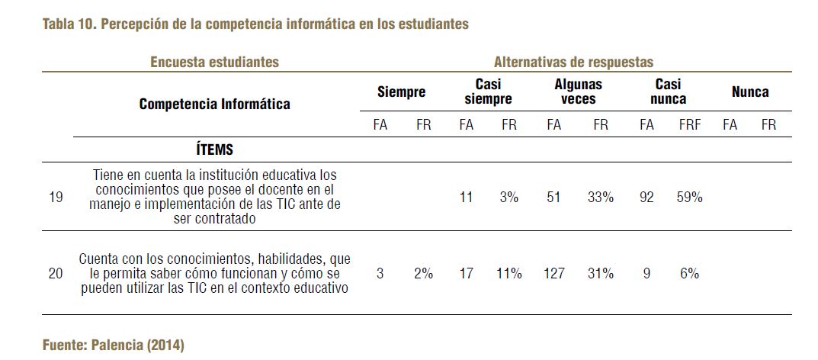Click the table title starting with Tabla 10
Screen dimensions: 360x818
pyautogui.click(x=255, y=24)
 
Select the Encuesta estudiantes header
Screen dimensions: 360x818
pyautogui.click(x=214, y=62)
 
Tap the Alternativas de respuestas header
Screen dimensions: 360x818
pyautogui.click(x=573, y=62)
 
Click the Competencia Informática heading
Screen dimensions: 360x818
pyautogui.click(x=214, y=104)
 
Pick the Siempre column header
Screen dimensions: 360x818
pyautogui.click(x=401, y=92)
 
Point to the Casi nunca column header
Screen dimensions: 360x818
pyautogui.click(x=668, y=92)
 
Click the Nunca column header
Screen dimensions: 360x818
pyautogui.click(x=749, y=92)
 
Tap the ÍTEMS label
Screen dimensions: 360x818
pyautogui.click(x=214, y=149)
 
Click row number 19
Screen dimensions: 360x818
pyautogui.click(x=56, y=197)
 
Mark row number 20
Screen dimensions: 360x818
pyautogui.click(x=56, y=273)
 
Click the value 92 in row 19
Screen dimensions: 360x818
pyautogui.click(x=646, y=197)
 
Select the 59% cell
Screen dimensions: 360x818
pyautogui.click(x=689, y=197)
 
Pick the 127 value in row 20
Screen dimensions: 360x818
pyautogui.click(x=554, y=273)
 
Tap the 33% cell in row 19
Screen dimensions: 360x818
pyautogui.click(x=601, y=197)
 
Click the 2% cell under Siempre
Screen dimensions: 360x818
pyautogui.click(x=423, y=273)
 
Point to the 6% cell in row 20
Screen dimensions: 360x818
pyautogui.click(x=689, y=273)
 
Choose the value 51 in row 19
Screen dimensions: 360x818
pyautogui.click(x=554, y=197)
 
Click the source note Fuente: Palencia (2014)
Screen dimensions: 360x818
pyautogui.click(x=113, y=345)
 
